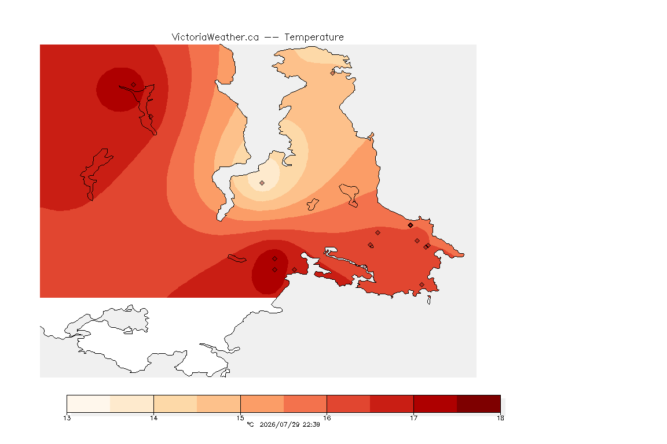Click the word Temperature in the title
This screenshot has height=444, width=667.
(314, 38)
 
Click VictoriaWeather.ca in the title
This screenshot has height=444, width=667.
(215, 38)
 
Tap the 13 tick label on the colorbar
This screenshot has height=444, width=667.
(67, 418)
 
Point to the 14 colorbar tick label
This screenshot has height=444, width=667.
(153, 418)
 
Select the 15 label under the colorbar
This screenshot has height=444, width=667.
(240, 418)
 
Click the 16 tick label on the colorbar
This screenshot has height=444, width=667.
(327, 418)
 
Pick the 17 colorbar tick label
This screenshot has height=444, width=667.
(413, 418)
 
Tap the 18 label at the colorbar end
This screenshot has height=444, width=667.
(500, 418)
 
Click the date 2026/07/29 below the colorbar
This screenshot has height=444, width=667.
(280, 424)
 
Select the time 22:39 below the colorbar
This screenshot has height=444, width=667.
(311, 424)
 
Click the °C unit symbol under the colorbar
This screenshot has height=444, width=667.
(250, 424)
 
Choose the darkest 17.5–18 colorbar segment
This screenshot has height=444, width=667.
(479, 404)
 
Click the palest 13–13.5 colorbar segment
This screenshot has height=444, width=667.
(89, 404)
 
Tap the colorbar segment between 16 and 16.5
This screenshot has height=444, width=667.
(349, 404)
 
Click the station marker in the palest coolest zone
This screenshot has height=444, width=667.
(262, 183)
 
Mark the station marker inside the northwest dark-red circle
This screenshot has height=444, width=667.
(134, 85)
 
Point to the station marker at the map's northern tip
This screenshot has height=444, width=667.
(333, 73)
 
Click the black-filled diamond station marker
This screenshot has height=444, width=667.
(410, 225)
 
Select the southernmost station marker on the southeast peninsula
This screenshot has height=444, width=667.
(422, 284)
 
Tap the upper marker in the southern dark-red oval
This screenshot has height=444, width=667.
(275, 259)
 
